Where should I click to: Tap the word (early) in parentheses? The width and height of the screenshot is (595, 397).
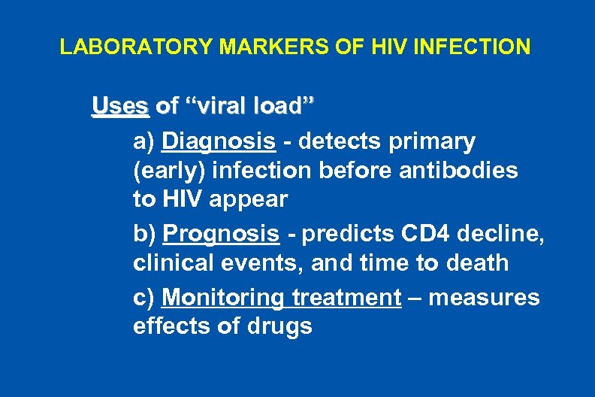[169, 171]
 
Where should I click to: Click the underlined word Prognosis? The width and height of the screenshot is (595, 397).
[221, 234]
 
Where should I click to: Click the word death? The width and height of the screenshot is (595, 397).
[479, 263]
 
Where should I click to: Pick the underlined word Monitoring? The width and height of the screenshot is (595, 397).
[223, 299]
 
